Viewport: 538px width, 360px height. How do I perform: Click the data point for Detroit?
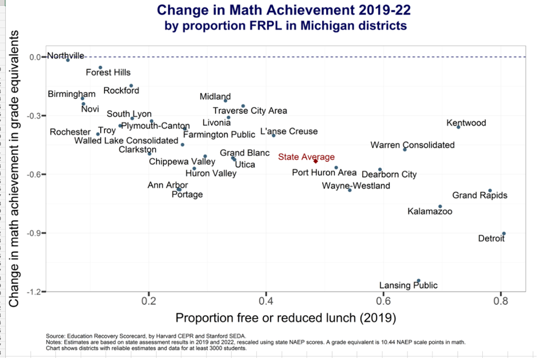(504, 234)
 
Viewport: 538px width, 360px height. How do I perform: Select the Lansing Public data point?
(419, 280)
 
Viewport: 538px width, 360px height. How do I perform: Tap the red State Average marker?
(315, 161)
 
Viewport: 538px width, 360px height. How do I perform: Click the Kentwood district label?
(466, 123)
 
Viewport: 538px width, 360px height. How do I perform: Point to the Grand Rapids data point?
(490, 190)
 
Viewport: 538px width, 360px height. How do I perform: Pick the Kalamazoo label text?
(430, 211)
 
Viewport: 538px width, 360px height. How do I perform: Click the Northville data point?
(68, 60)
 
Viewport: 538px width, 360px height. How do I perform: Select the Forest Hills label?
(108, 73)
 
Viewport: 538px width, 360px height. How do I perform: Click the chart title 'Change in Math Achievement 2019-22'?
(284, 10)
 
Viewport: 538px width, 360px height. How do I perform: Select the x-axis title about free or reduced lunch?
(285, 318)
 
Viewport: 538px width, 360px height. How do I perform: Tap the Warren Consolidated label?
(412, 145)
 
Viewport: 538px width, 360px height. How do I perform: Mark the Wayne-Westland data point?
(350, 190)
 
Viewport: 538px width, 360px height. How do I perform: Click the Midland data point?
(225, 100)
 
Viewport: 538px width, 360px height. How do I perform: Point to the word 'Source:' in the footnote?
(56, 336)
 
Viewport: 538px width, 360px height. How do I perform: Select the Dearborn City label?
(389, 174)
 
